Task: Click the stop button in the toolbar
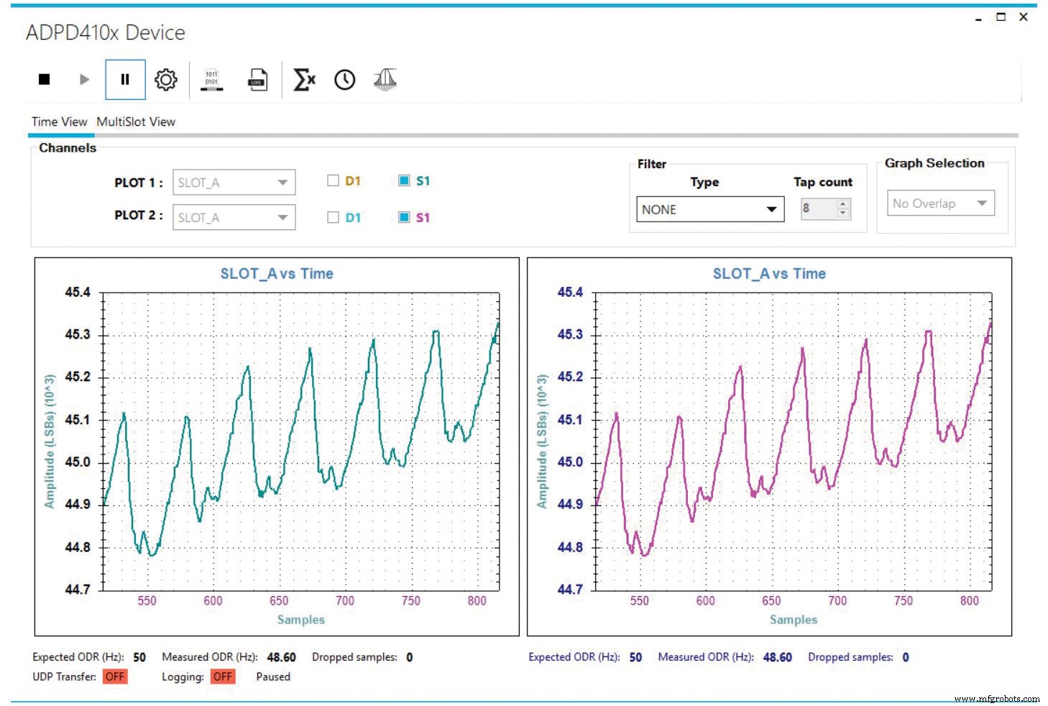[x=44, y=79]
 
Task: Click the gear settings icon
[x=166, y=79]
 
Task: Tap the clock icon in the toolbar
[x=345, y=80]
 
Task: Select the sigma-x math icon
[x=304, y=79]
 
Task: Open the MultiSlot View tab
[x=136, y=122]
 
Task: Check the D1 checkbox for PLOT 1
[x=333, y=180]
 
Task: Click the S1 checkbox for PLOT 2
[x=404, y=217]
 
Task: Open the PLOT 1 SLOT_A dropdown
[x=234, y=183]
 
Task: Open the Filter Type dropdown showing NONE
[x=709, y=209]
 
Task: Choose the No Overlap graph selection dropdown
[x=940, y=203]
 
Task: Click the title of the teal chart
[x=277, y=274]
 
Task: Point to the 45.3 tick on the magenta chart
[x=570, y=334]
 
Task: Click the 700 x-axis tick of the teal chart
[x=345, y=601]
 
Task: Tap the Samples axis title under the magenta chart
[x=794, y=620]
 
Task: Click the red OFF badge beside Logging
[x=223, y=677]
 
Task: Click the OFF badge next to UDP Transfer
[x=115, y=677]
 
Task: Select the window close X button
[x=1024, y=17]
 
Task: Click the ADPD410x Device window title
[x=106, y=33]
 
